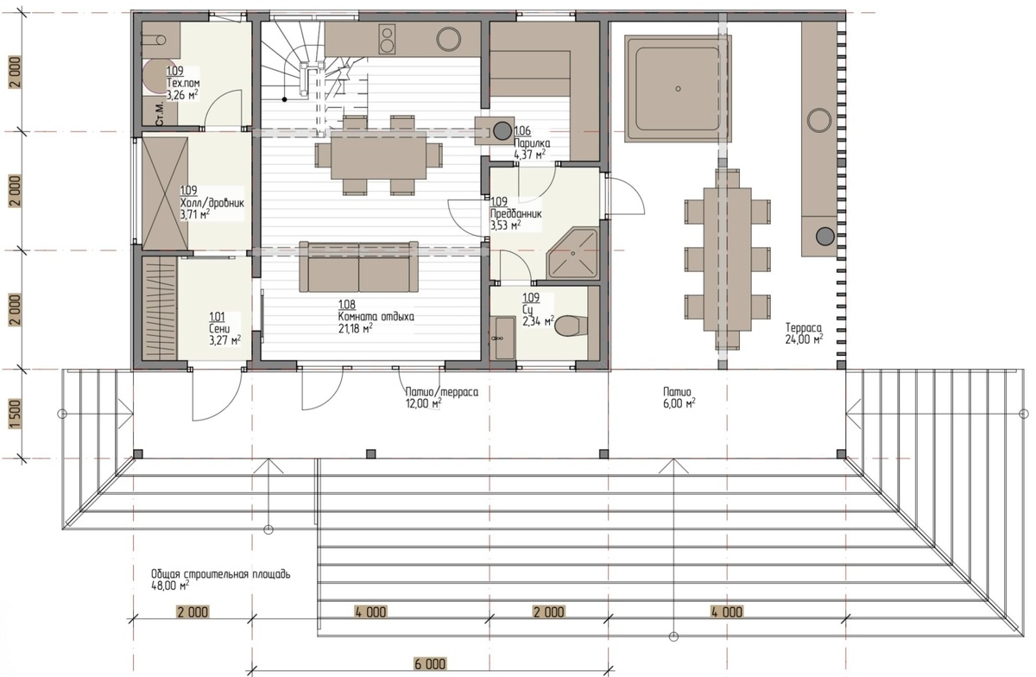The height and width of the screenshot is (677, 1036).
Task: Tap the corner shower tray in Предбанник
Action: (x=573, y=254)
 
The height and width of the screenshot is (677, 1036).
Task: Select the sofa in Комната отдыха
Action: (x=358, y=267)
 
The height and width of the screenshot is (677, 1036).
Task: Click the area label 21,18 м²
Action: (x=355, y=328)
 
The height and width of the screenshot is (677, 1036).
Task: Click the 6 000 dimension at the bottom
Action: (x=430, y=664)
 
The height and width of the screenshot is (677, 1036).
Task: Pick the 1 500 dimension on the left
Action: (x=16, y=414)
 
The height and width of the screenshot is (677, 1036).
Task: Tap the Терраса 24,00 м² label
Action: (x=804, y=333)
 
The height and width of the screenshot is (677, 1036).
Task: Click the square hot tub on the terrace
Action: (x=678, y=89)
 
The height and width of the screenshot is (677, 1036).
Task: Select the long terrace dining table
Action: (x=727, y=259)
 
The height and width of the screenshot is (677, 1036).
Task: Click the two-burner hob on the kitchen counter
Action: (x=387, y=40)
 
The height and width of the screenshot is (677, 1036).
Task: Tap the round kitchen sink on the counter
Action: (x=448, y=39)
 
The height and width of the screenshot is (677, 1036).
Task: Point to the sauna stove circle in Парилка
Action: (x=502, y=131)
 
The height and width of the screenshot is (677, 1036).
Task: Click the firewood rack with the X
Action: (x=165, y=193)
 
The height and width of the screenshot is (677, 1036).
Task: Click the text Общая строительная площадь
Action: (x=221, y=574)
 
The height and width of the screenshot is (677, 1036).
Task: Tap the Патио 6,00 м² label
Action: (x=679, y=397)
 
